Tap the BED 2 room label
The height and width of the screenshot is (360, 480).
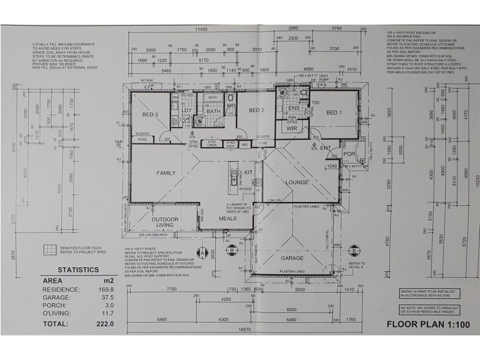pyautogui.click(x=257, y=110)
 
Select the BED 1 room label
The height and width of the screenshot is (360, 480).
pyautogui.click(x=334, y=112)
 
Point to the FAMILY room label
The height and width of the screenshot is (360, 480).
pyautogui.click(x=166, y=173)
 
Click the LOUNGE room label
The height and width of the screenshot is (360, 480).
pyautogui.click(x=296, y=182)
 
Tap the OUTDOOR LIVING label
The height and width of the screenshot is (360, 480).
pyautogui.click(x=164, y=223)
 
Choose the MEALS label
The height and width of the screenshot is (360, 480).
pyautogui.click(x=227, y=218)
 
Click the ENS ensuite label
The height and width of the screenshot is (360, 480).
pyautogui.click(x=294, y=108)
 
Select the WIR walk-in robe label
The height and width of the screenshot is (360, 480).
pyautogui.click(x=293, y=128)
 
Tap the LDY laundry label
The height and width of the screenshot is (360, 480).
pyautogui.click(x=187, y=110)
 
